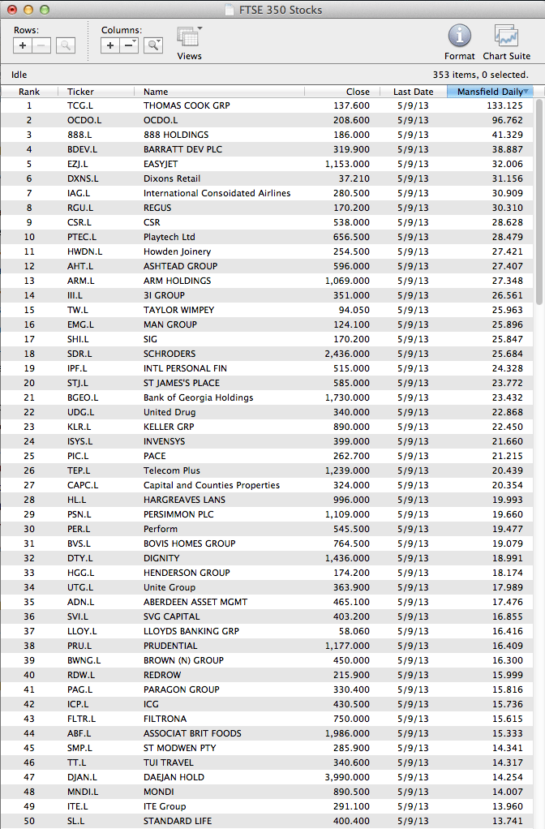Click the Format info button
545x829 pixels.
click(x=459, y=37)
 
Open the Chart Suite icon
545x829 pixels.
click(x=506, y=37)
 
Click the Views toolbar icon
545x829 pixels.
click(x=189, y=37)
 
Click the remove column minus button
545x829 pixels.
click(x=129, y=45)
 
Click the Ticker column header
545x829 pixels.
click(x=81, y=92)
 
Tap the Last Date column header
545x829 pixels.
click(x=413, y=92)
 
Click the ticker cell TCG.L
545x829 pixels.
click(x=79, y=105)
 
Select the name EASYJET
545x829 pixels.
click(x=161, y=164)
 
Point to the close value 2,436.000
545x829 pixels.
click(x=347, y=354)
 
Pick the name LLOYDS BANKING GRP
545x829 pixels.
click(x=191, y=631)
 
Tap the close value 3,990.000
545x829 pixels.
click(x=347, y=777)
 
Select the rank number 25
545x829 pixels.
click(x=29, y=456)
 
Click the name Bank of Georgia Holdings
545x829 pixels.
click(x=198, y=397)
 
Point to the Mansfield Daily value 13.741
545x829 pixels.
click(x=508, y=821)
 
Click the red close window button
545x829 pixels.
click(x=12, y=10)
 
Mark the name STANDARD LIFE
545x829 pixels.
click(x=177, y=821)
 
